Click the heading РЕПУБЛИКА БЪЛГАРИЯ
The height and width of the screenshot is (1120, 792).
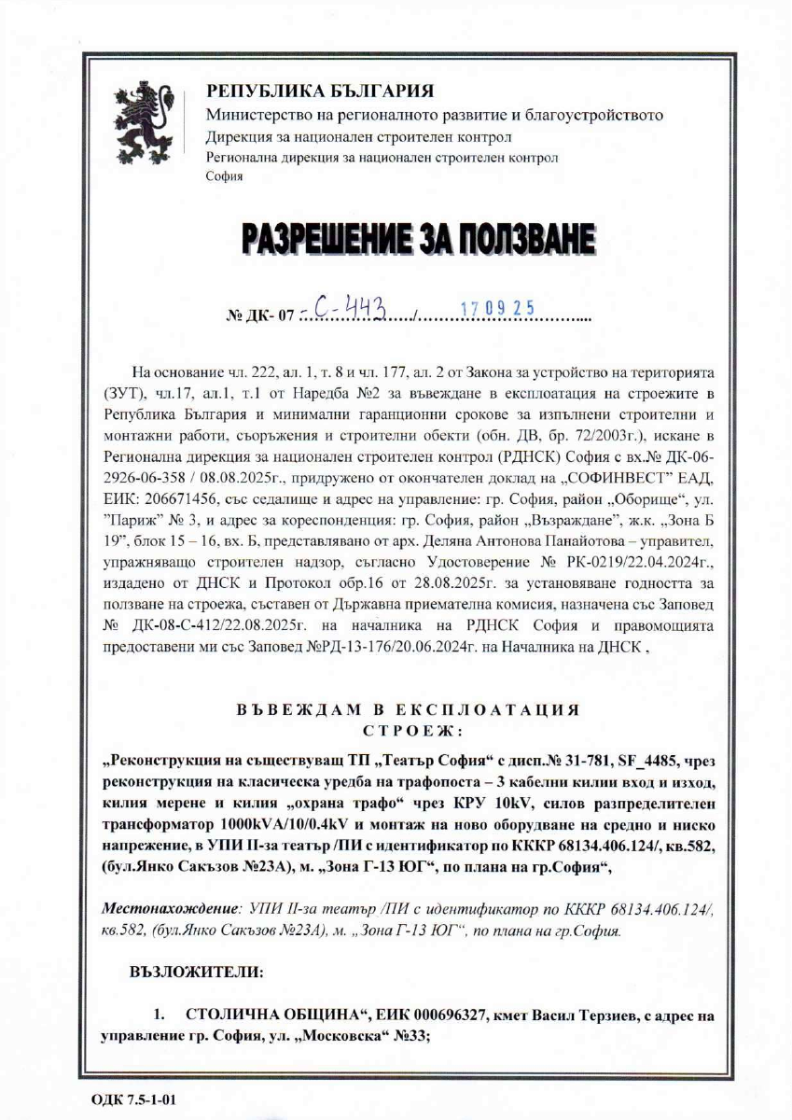(x=319, y=91)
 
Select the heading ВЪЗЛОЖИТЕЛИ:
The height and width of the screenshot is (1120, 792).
(x=196, y=972)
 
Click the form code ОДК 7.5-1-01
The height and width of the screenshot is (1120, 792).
(x=133, y=1098)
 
